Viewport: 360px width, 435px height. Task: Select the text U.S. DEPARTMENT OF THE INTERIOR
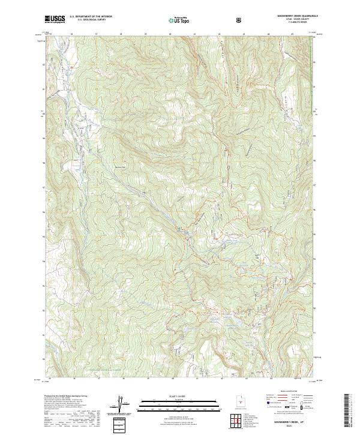[90, 17]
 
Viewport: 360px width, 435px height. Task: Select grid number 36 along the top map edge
[71, 34]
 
